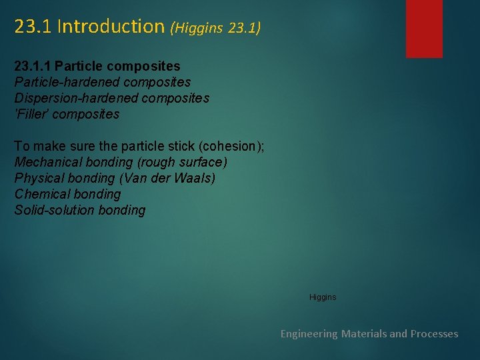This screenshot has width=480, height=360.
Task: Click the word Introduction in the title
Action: pyautogui.click(x=111, y=27)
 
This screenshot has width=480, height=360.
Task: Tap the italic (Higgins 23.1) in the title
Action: pyautogui.click(x=215, y=28)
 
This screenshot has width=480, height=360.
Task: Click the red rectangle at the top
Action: pyautogui.click(x=424, y=28)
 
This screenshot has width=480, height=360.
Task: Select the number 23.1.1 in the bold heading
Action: pyautogui.click(x=33, y=67)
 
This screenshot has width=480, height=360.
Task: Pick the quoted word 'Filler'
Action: pyautogui.click(x=31, y=114)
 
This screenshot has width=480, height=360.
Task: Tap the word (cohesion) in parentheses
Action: pyautogui.click(x=232, y=146)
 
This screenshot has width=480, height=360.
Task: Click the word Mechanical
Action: pyautogui.click(x=47, y=162)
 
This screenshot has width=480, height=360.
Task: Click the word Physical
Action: pyautogui.click(x=39, y=178)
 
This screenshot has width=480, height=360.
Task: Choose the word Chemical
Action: pyautogui.click(x=41, y=194)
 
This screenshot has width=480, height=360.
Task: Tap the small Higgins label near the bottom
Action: pyautogui.click(x=323, y=297)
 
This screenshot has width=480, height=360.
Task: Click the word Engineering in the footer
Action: pyautogui.click(x=309, y=333)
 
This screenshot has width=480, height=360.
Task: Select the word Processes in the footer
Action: pyautogui.click(x=434, y=333)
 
